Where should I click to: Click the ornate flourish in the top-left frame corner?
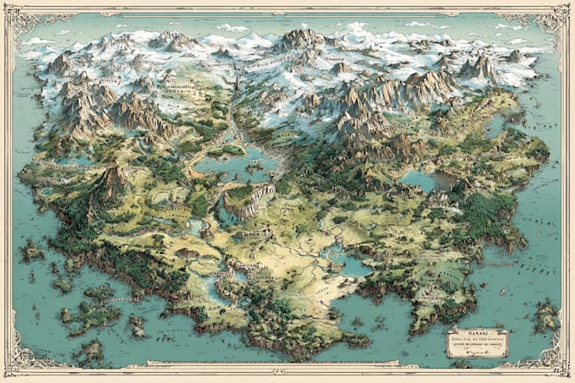pyautogui.click(x=19, y=19)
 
